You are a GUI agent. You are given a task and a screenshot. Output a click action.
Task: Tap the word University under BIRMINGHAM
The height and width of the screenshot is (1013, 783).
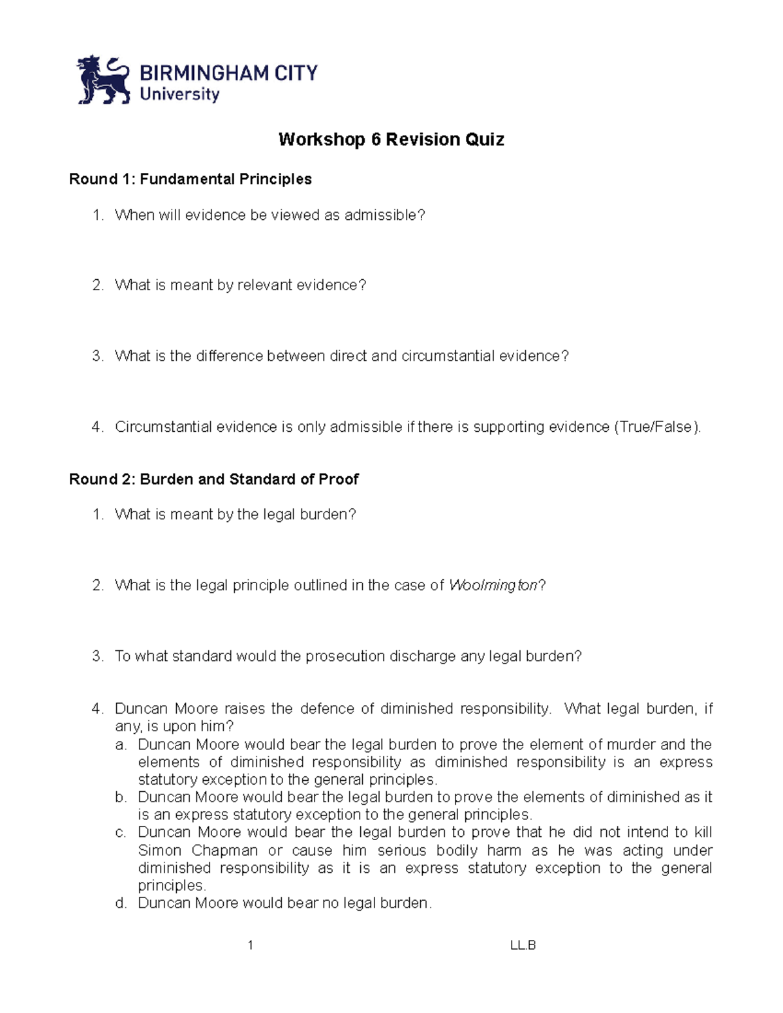click(179, 95)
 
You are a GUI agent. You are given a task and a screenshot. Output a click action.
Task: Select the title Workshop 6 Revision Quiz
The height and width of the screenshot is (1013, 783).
click(391, 140)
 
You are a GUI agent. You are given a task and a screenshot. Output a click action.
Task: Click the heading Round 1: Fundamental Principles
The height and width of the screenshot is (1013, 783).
click(191, 179)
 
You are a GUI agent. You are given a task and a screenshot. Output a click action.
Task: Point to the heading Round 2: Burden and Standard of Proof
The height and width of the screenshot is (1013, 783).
click(213, 479)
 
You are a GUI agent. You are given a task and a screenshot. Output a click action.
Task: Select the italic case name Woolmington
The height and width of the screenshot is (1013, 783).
click(493, 586)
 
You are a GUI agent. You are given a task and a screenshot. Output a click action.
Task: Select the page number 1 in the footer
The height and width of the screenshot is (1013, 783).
click(251, 946)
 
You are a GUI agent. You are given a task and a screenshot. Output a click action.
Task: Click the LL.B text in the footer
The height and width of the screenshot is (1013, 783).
click(523, 946)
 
